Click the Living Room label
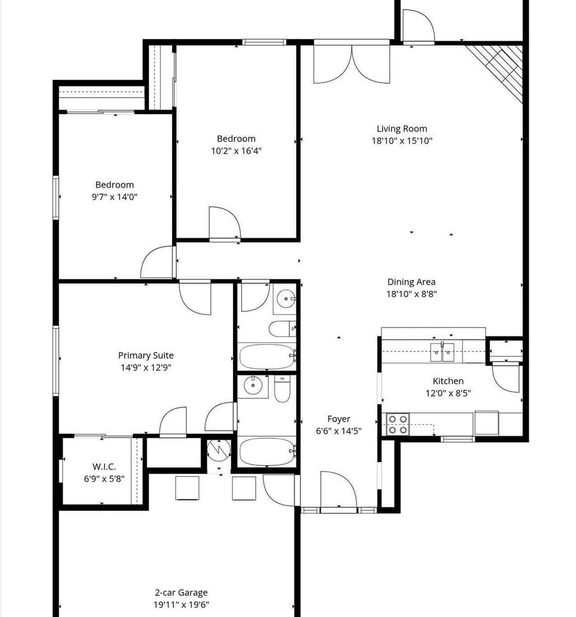click(401, 129)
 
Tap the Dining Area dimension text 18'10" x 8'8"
click(412, 294)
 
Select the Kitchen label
click(448, 381)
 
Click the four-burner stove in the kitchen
click(397, 425)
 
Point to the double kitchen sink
click(442, 352)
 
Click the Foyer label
click(339, 419)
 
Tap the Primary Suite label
click(146, 356)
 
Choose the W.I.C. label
click(104, 466)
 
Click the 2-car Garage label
click(181, 593)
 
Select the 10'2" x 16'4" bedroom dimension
click(236, 151)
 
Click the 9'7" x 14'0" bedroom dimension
click(115, 197)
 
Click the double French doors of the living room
click(351, 63)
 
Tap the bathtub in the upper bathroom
click(267, 356)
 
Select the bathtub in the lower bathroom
click(267, 451)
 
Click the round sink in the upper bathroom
click(286, 299)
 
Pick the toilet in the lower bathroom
click(282, 389)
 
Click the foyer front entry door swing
click(339, 490)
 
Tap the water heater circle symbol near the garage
click(219, 450)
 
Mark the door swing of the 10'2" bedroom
click(225, 222)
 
